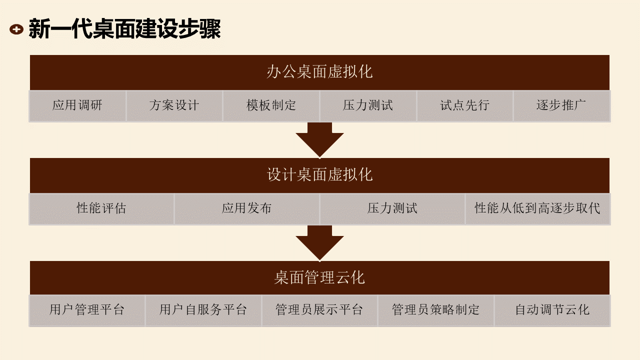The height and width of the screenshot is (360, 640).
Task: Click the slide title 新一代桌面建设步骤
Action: (124, 29)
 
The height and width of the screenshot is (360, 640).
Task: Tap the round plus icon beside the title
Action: (16, 29)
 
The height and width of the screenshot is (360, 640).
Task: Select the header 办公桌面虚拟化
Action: (319, 72)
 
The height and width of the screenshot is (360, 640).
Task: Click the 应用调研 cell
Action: (77, 105)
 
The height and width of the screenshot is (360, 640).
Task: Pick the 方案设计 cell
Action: (174, 105)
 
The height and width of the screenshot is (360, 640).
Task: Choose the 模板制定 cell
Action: (271, 105)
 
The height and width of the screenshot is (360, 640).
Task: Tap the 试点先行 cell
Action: (464, 105)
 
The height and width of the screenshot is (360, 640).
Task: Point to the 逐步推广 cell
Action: (561, 105)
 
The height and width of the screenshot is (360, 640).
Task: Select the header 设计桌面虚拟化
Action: (319, 175)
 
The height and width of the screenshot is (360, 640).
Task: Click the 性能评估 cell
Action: (101, 208)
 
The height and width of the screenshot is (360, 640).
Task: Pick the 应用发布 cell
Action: (246, 208)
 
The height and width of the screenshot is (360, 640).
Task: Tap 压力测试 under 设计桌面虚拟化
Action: (392, 208)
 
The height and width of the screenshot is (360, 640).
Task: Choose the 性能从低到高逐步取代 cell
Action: (537, 208)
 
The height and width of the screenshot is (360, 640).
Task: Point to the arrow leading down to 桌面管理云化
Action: (319, 243)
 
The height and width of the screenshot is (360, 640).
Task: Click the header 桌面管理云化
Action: (319, 277)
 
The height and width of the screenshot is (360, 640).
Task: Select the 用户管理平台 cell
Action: (87, 310)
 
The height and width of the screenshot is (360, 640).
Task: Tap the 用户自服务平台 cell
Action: (203, 310)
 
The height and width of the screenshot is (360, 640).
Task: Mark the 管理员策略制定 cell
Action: (435, 310)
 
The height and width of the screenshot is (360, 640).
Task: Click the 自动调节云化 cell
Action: (552, 310)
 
